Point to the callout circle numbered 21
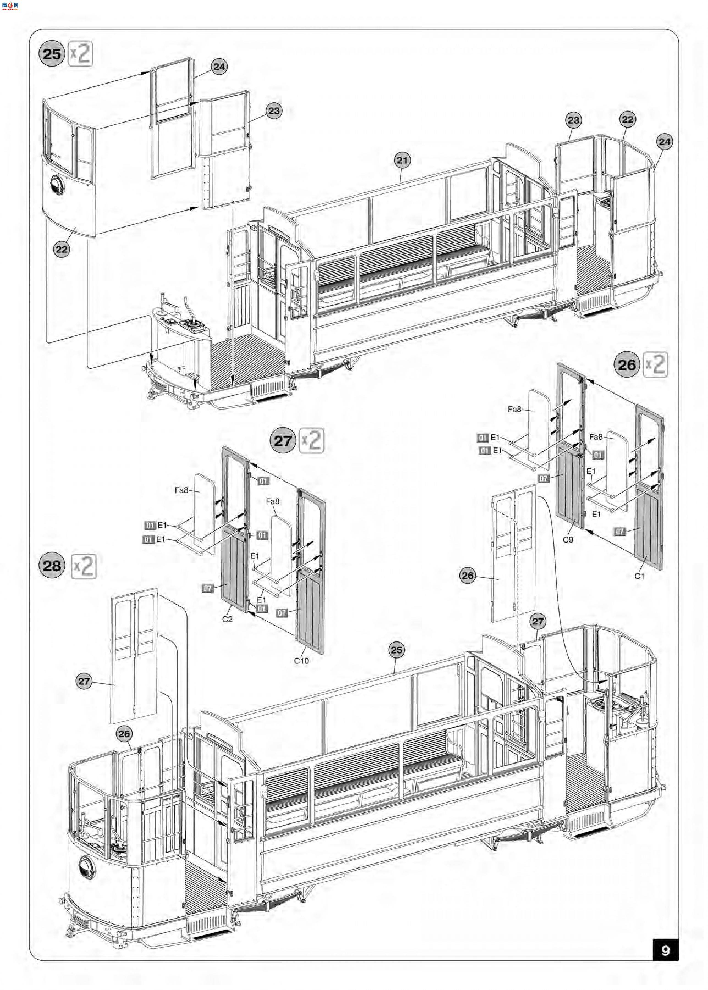click(x=402, y=160)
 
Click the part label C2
click(x=227, y=619)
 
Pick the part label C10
click(x=301, y=660)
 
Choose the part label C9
click(x=567, y=540)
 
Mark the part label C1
click(x=639, y=576)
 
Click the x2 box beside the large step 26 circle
click(x=655, y=364)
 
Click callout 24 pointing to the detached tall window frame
click(x=219, y=67)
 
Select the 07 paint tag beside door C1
click(x=619, y=531)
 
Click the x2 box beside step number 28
click(x=83, y=566)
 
